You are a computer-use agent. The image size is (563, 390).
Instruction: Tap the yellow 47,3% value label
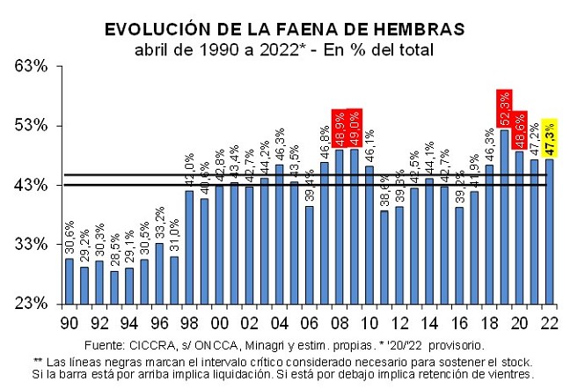tap(549, 138)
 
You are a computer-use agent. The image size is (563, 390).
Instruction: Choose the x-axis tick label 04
tap(279, 320)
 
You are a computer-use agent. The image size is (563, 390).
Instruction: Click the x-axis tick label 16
tap(459, 320)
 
